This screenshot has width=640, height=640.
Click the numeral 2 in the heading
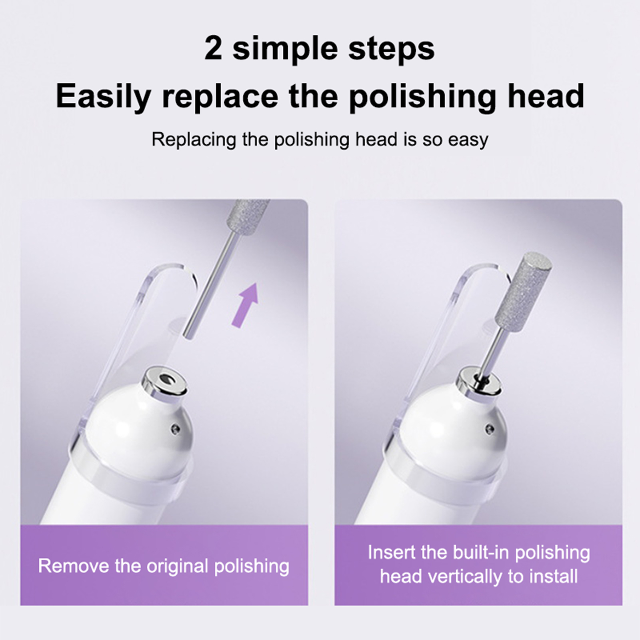point(213,49)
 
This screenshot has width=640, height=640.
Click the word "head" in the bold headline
point(546,96)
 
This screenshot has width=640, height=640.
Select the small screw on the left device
point(174,429)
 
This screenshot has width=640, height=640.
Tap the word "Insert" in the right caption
point(392,552)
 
